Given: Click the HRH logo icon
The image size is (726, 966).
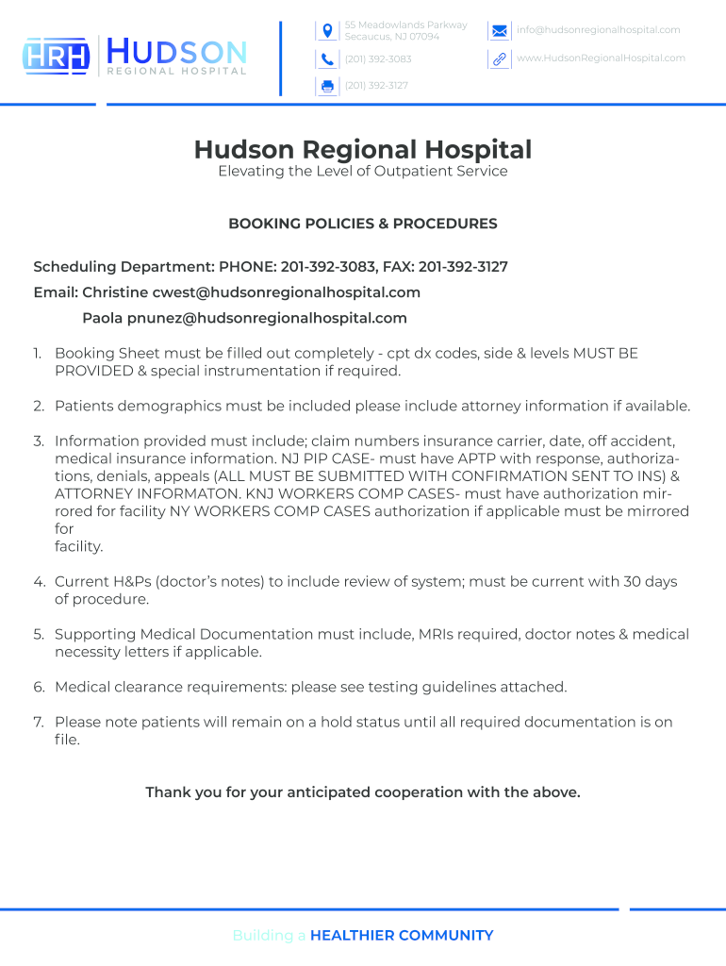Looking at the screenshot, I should [56, 57].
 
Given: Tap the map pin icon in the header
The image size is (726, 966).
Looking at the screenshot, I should [327, 31].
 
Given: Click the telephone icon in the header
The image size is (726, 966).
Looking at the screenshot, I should [327, 59].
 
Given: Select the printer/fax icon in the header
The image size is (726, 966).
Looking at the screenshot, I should [327, 86].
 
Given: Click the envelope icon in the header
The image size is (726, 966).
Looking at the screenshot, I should [500, 31].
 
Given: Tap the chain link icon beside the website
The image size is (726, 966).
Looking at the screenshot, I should [500, 59].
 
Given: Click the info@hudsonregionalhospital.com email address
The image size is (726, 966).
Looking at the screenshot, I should [598, 30].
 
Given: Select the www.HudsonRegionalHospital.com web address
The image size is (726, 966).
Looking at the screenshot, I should [601, 58].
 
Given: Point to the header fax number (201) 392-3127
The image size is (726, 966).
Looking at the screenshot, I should [376, 86].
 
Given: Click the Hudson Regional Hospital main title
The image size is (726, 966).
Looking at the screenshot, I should [363, 150].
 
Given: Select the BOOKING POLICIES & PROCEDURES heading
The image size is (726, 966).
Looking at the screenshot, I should [363, 225].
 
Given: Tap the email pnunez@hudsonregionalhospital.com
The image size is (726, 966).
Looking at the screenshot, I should [267, 318].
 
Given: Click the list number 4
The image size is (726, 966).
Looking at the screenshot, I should [39, 582].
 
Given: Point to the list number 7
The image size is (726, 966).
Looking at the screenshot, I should [39, 723].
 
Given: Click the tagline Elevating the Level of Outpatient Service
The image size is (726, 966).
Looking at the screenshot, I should [363, 172].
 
